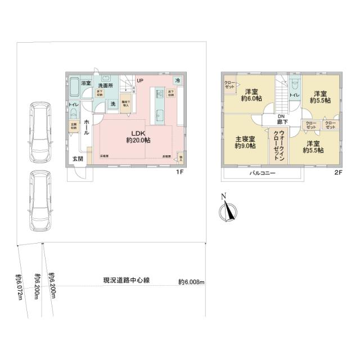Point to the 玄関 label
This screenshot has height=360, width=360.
tap(77, 159)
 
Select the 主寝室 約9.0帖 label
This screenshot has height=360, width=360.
tap(245, 142)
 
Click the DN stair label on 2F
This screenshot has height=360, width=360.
tap(280, 116)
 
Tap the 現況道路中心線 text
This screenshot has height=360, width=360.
tap(126, 280)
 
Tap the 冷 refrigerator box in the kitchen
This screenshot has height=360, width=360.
tap(177, 81)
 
